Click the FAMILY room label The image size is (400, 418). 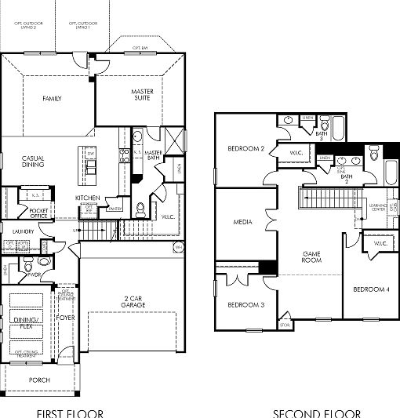pyautogui.click(x=53, y=99)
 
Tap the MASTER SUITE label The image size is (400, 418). pyautogui.click(x=142, y=95)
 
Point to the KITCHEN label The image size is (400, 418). pyautogui.click(x=86, y=198)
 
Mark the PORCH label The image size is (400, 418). pyautogui.click(x=39, y=380)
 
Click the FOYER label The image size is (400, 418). pyautogui.click(x=66, y=317)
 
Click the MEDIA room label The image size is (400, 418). pyautogui.click(x=242, y=223)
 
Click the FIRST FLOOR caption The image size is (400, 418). pyautogui.click(x=68, y=413)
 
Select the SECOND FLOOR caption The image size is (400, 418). pyautogui.click(x=318, y=413)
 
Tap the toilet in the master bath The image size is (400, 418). pyautogui.click(x=141, y=209)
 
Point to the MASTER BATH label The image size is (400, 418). pyautogui.click(x=153, y=155)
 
